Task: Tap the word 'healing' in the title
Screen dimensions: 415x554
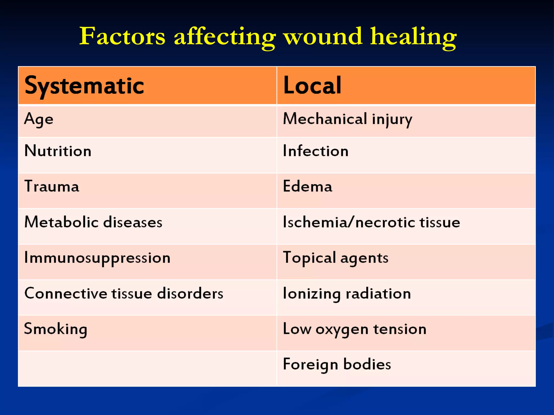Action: pyautogui.click(x=413, y=37)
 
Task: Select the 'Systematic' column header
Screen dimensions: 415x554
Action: pyautogui.click(x=84, y=86)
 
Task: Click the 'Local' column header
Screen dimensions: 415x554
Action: pyautogui.click(x=312, y=86)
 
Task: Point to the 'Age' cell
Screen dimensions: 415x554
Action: pyautogui.click(x=39, y=119)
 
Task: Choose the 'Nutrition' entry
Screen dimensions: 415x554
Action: pyautogui.click(x=58, y=151)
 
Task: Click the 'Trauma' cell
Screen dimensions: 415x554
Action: pyautogui.click(x=52, y=186)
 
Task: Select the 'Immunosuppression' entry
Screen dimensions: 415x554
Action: pyautogui.click(x=97, y=258)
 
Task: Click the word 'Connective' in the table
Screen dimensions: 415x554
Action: pyautogui.click(x=66, y=293)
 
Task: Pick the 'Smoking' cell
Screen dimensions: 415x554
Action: pyautogui.click(x=55, y=329)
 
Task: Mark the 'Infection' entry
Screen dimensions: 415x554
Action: pyautogui.click(x=315, y=151)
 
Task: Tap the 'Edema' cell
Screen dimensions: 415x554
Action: pyautogui.click(x=307, y=186)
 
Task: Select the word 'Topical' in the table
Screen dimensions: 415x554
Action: pyautogui.click(x=309, y=258)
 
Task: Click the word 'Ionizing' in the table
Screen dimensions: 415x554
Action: pyautogui.click(x=311, y=294)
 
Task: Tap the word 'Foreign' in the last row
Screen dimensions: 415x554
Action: pyautogui.click(x=311, y=364)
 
